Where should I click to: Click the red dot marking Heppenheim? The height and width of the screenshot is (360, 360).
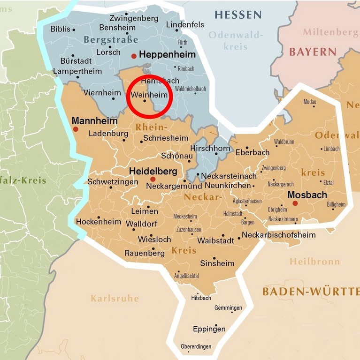click(134, 56)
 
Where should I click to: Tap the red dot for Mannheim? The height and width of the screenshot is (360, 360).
click(75, 128)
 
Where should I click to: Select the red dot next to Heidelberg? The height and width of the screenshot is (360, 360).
click(153, 179)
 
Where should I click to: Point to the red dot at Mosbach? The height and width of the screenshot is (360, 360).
click(295, 203)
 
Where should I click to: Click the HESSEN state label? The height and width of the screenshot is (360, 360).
click(238, 15)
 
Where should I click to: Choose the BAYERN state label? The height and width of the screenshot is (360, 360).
click(313, 52)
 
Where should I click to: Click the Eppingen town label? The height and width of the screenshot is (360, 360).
click(209, 329)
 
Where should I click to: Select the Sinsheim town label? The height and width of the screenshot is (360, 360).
click(217, 263)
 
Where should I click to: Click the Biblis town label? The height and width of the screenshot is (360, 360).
click(60, 29)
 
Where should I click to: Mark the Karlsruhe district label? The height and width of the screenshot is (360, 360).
click(115, 298)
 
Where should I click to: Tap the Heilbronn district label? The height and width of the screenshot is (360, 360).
click(314, 261)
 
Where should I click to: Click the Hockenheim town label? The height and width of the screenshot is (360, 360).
click(99, 222)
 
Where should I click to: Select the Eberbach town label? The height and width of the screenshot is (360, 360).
click(253, 152)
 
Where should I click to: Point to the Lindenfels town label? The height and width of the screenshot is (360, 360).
click(185, 24)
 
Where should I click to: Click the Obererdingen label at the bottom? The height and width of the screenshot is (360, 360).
click(196, 346)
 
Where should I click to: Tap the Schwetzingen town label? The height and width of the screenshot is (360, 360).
click(113, 181)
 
